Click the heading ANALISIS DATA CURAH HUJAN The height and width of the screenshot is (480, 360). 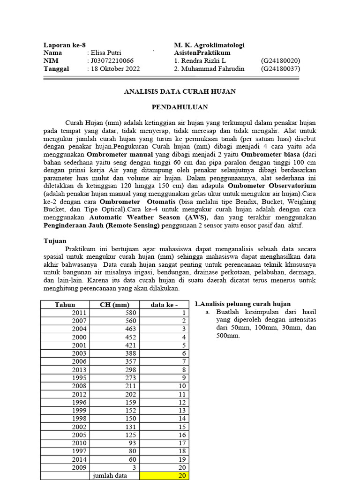click(x=180, y=91)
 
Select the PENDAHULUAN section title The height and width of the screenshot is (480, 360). click(x=180, y=107)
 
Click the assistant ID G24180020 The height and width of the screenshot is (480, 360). click(x=280, y=61)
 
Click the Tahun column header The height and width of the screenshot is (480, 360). click(x=65, y=305)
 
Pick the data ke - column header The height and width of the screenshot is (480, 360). click(x=164, y=305)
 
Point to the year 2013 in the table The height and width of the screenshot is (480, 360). click(x=79, y=370)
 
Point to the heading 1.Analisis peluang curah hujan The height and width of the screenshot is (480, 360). click(x=242, y=304)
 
